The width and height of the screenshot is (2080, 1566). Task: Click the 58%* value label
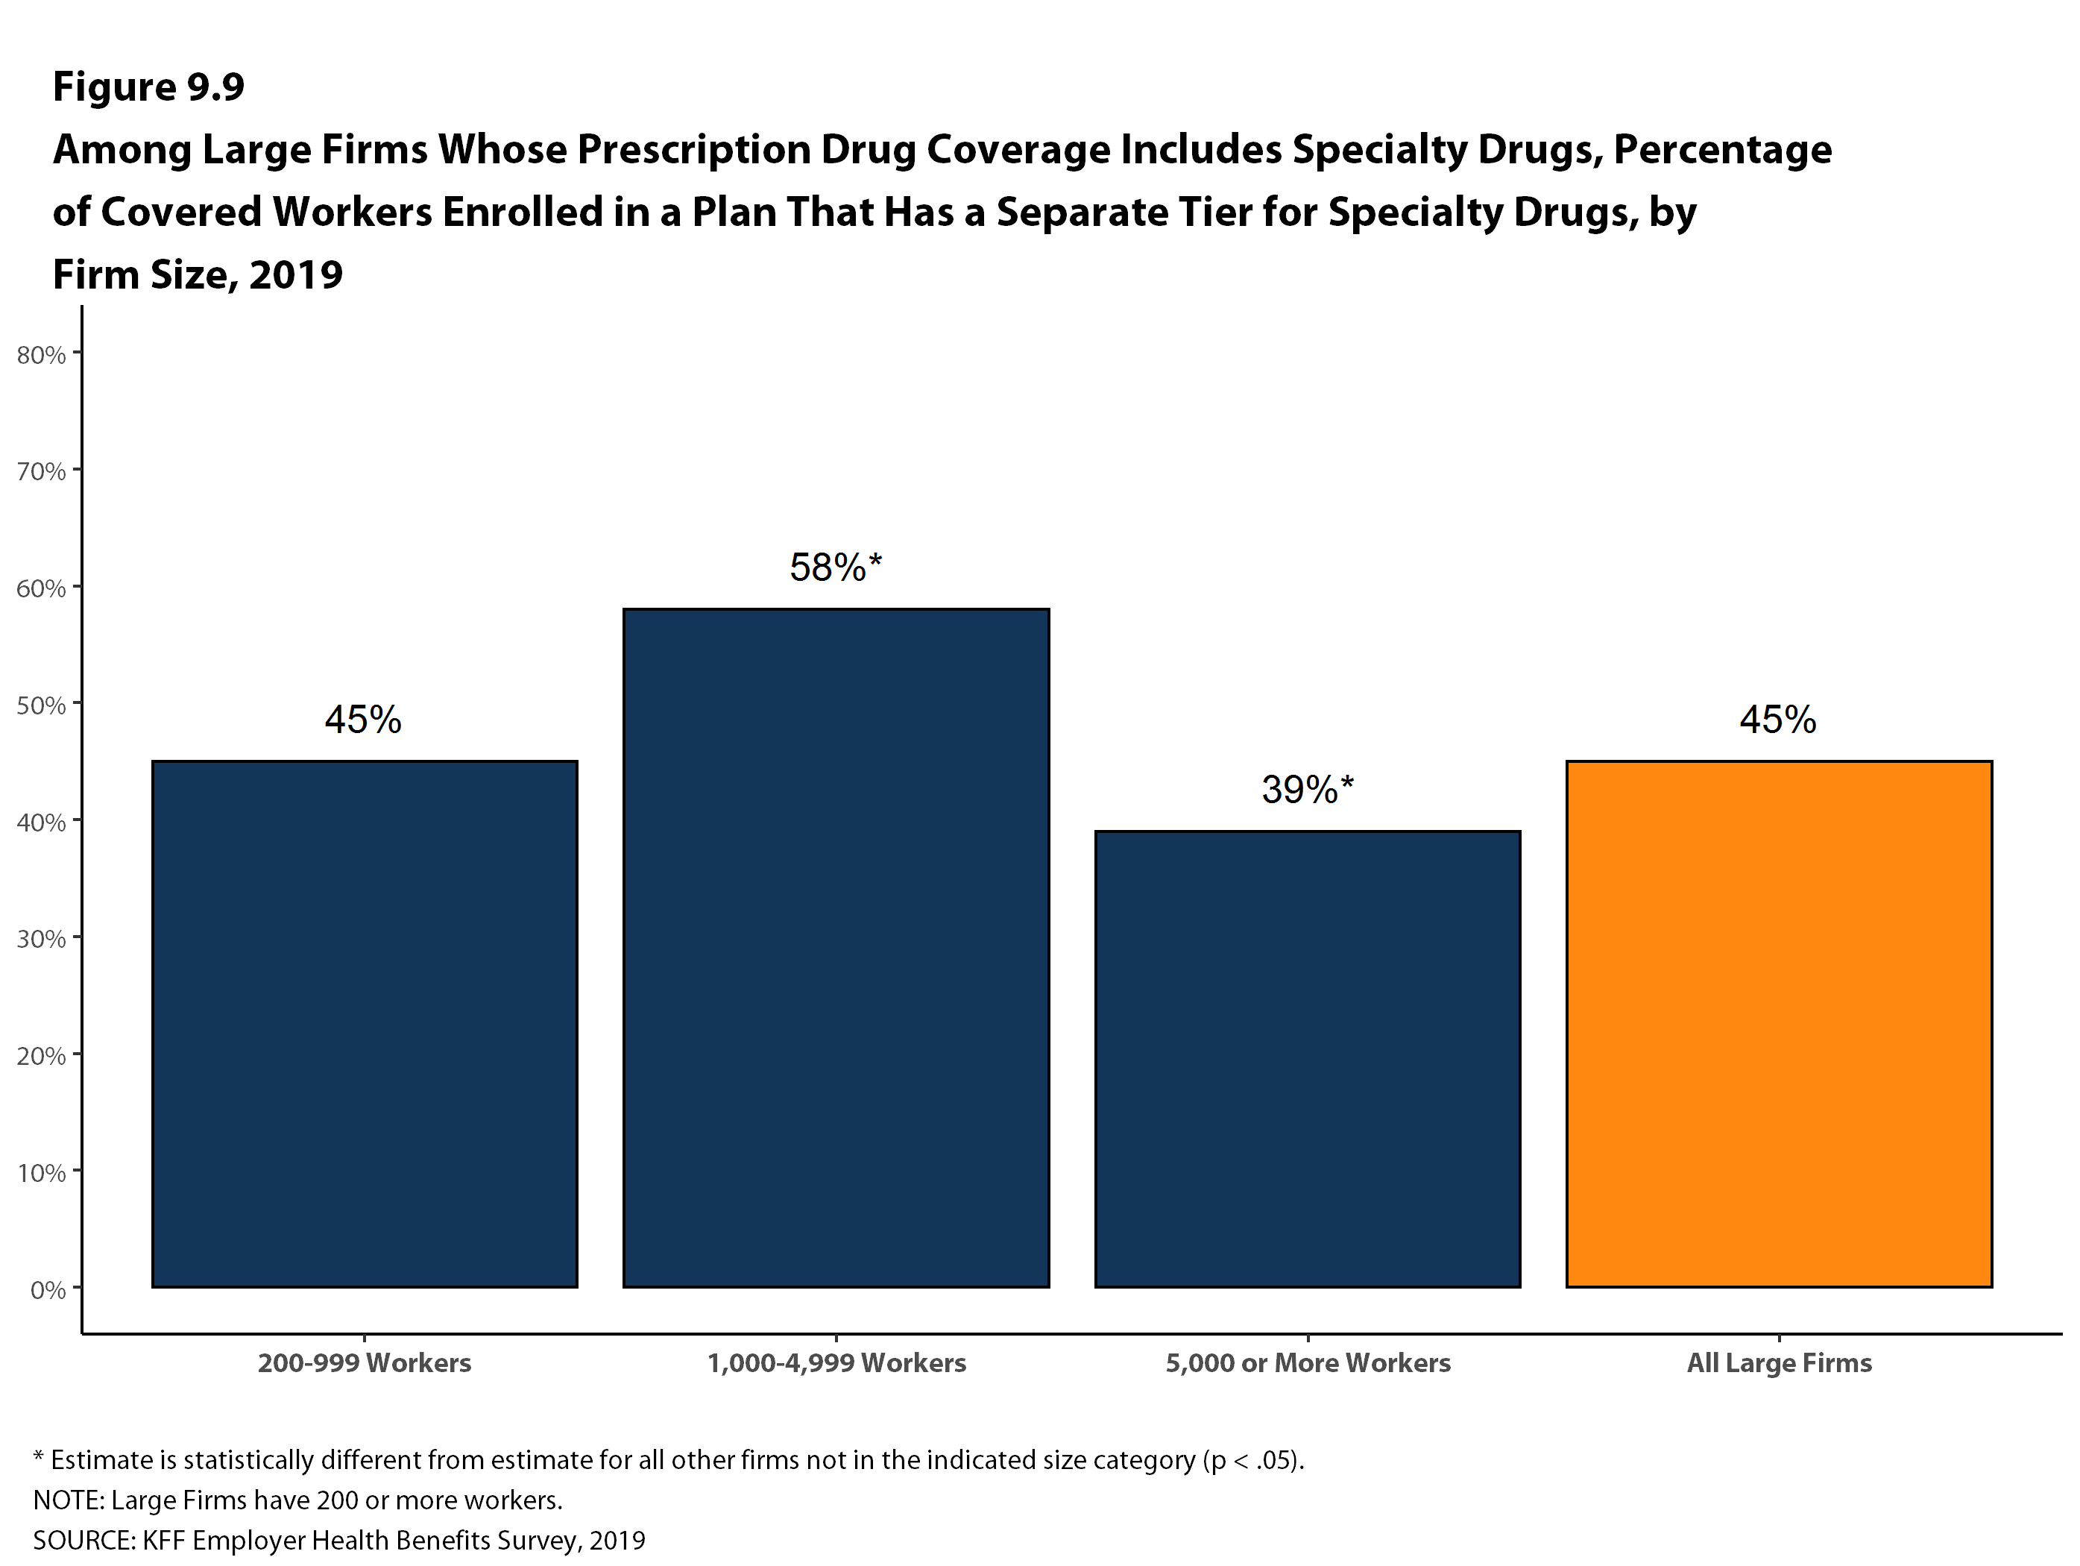(x=835, y=567)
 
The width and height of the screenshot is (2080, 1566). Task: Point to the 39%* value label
(x=1307, y=789)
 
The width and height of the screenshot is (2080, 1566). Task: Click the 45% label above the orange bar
(x=1777, y=720)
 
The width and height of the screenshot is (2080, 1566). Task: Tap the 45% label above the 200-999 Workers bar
(x=363, y=720)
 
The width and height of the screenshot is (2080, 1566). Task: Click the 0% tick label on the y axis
(x=48, y=1289)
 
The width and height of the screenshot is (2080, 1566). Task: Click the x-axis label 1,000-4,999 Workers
(x=836, y=1363)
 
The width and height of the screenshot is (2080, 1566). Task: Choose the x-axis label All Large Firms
(x=1778, y=1363)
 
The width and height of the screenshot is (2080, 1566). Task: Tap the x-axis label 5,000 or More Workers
(x=1307, y=1363)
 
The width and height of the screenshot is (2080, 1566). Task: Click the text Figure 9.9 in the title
(x=148, y=87)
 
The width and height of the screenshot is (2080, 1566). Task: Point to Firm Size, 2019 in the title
(x=198, y=274)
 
